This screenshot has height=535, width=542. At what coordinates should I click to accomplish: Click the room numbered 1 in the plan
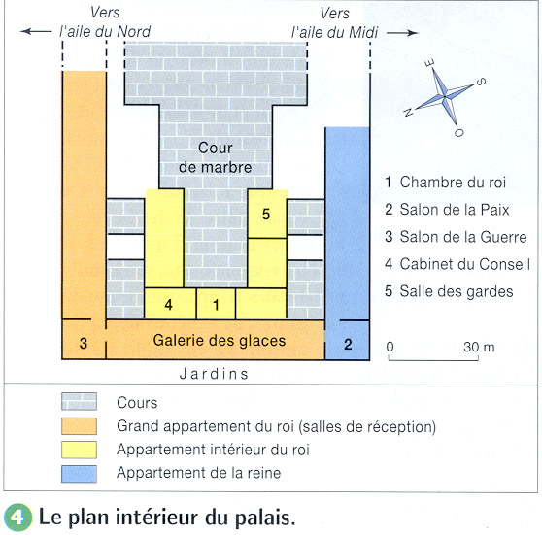point(216,304)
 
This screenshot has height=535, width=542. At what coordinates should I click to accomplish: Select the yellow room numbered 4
point(170,304)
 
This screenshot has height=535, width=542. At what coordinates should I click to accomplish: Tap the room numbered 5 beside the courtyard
point(267,214)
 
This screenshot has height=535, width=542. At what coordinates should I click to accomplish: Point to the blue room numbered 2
point(348,340)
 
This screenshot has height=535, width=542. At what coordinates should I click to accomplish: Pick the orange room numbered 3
point(84,340)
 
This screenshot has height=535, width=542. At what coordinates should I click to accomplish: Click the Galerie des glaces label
point(220,341)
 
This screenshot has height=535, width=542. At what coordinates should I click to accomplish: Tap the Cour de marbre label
point(215,157)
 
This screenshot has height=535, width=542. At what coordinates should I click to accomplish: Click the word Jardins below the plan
point(214,374)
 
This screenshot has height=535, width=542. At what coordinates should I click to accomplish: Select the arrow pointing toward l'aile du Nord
point(36,31)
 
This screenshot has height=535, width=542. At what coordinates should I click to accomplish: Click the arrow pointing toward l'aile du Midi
point(402,33)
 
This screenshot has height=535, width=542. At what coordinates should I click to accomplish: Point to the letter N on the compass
point(408,112)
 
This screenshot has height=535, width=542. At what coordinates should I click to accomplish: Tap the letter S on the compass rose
point(481,82)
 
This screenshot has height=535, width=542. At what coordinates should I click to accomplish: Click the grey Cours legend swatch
point(79,401)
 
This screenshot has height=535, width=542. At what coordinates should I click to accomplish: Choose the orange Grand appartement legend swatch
point(79,426)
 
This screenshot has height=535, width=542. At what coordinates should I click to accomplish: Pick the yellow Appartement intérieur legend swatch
point(79,450)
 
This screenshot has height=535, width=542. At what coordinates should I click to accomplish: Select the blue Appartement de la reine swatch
point(79,474)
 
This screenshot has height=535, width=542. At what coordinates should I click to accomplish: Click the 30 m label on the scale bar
point(479,347)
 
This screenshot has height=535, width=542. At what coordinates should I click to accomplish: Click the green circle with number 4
point(18,518)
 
